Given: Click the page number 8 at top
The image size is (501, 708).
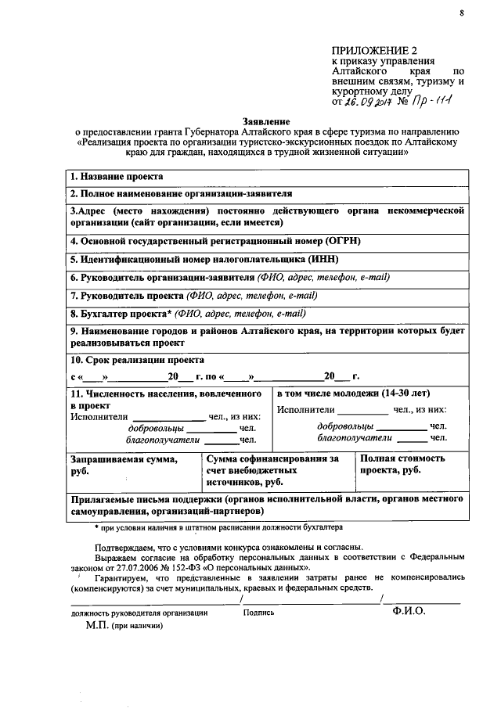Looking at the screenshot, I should coord(461,13).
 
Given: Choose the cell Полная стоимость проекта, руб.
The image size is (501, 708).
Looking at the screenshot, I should coord(404,464).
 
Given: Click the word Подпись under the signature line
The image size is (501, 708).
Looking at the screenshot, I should coord(258,613).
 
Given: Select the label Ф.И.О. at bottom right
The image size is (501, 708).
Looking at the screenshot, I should coord(409,612).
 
